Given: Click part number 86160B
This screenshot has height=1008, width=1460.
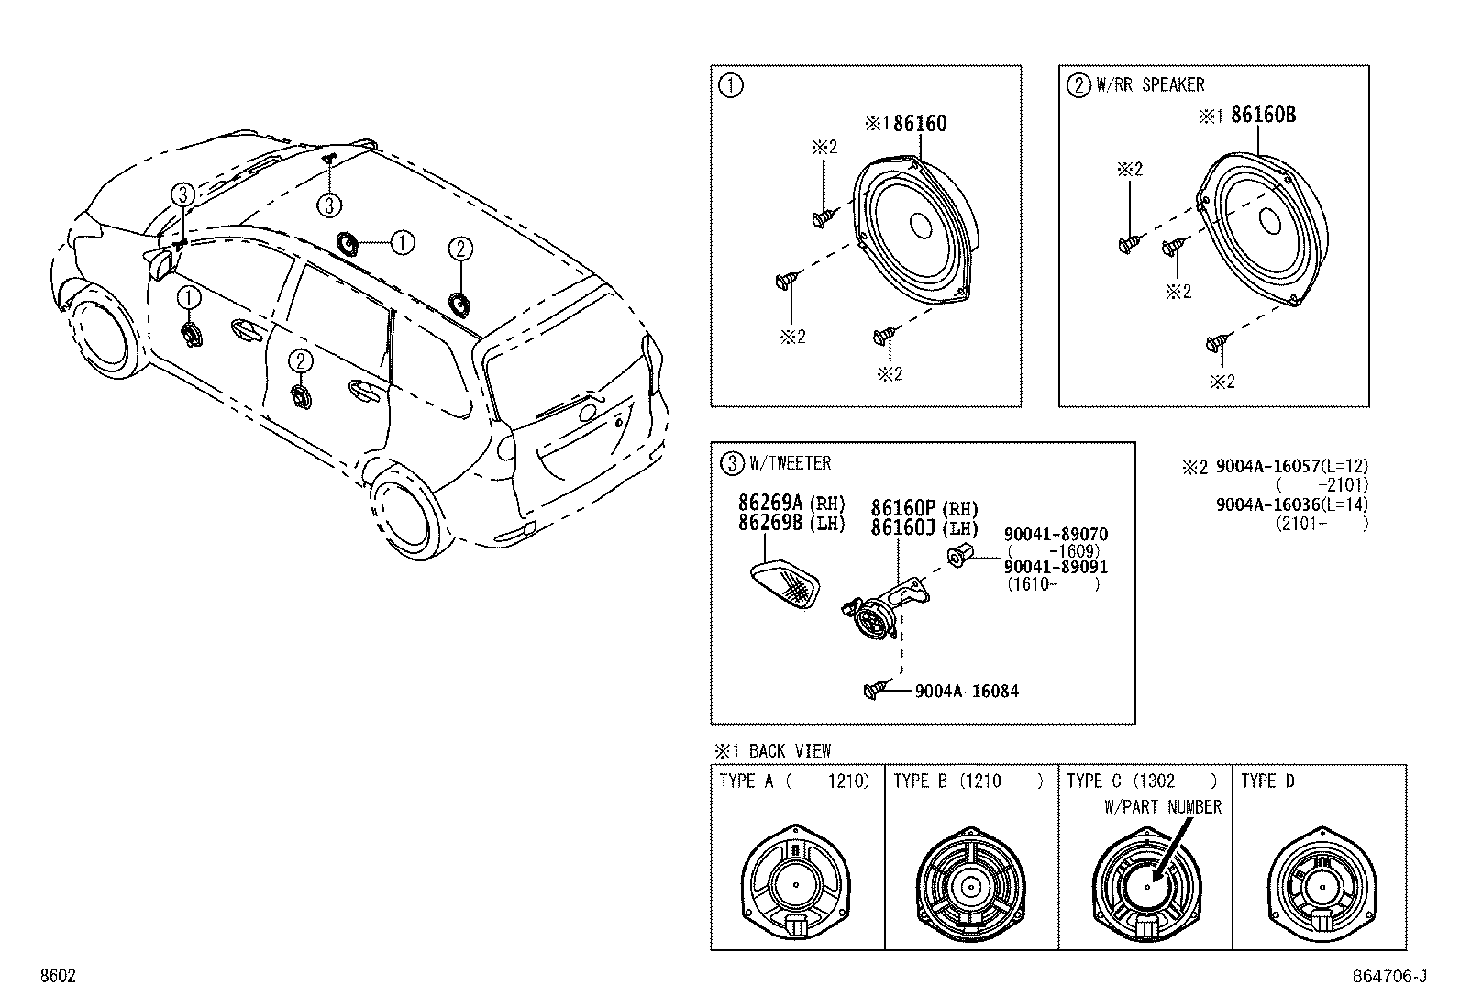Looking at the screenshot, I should [1263, 115].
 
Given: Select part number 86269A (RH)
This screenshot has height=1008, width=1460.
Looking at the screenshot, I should [791, 504].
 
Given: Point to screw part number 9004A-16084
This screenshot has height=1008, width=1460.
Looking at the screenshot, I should [966, 691].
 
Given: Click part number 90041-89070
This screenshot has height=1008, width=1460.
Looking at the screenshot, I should [1055, 534].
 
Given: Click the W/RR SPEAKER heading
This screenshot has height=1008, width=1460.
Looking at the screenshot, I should [1150, 84].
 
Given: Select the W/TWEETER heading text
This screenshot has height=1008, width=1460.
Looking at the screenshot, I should [790, 463].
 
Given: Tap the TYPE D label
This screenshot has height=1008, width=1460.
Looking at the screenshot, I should [1267, 781].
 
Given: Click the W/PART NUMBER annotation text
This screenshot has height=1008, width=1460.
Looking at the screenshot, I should [1162, 806].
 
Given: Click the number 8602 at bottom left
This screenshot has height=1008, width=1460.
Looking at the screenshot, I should [57, 977].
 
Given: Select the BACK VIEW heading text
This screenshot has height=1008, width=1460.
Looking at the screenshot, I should [789, 750].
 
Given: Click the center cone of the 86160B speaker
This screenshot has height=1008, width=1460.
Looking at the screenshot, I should [1271, 221].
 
